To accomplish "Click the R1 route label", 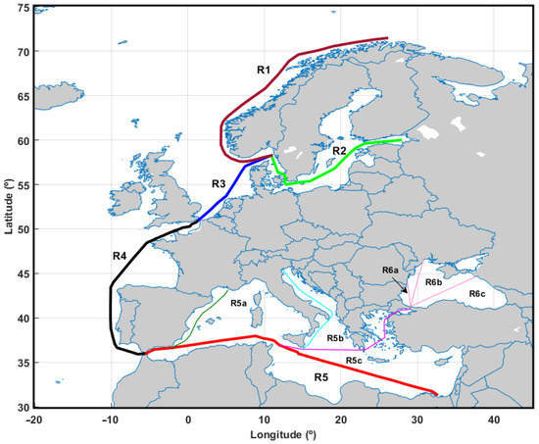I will point(264,71).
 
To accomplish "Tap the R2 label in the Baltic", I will point(339,151).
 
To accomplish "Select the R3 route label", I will point(219,183).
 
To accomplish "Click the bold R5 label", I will point(320,375).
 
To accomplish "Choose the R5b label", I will point(336,338).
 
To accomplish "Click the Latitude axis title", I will point(9,205).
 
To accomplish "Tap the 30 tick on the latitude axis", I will point(21,407).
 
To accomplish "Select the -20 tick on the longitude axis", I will point(34,419).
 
